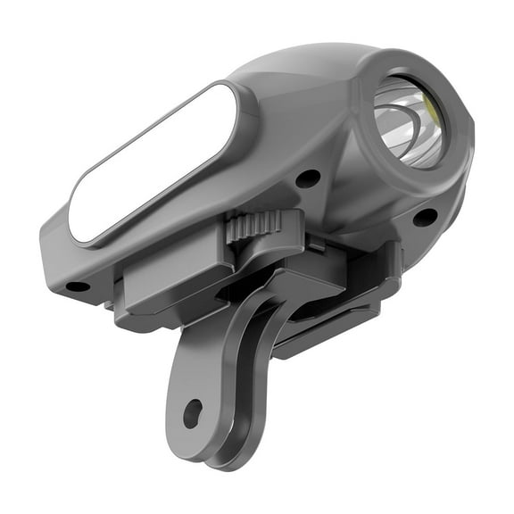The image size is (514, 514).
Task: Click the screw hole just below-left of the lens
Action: pos(308,178)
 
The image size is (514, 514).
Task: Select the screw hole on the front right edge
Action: pos(425,217)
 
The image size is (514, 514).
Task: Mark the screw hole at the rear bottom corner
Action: pos(78,286)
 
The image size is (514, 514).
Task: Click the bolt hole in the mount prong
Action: pos(193,413)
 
